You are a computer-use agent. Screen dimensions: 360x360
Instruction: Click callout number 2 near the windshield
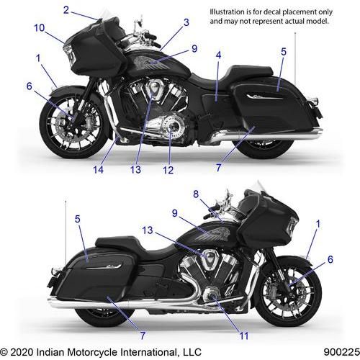[x=66, y=10]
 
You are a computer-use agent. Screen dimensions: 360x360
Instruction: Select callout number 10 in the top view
[x=40, y=28]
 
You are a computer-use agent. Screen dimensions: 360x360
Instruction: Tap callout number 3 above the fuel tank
[x=186, y=22]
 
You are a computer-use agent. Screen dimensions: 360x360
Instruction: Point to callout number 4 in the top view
[x=218, y=55]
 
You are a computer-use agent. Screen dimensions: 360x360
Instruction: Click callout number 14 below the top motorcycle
[x=98, y=170]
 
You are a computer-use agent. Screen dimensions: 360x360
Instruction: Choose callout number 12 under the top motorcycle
[x=168, y=170]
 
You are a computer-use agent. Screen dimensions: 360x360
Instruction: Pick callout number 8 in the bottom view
[x=196, y=194]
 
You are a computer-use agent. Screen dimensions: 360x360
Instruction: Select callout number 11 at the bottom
[x=244, y=336]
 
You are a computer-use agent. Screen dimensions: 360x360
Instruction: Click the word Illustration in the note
[x=224, y=12]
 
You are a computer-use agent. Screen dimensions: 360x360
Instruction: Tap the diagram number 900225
[x=341, y=352]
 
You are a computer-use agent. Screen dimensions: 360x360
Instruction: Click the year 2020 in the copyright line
[x=22, y=352]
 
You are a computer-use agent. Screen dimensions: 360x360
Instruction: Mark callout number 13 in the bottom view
[x=148, y=230]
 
